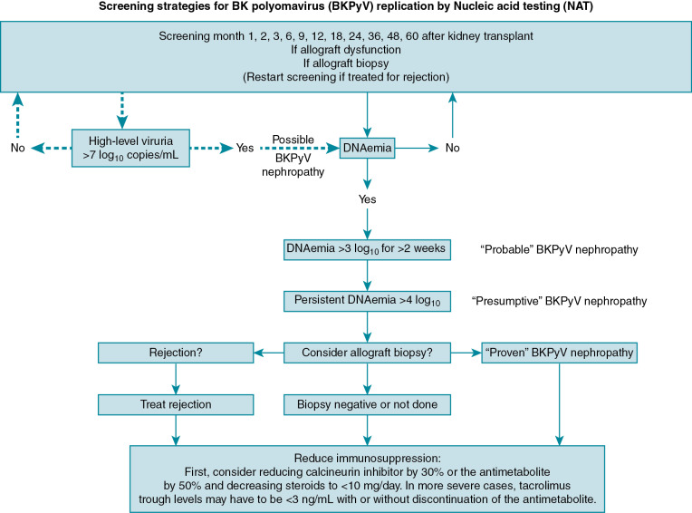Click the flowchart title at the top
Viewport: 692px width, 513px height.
(345, 8)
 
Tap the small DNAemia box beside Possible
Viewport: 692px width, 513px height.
(366, 146)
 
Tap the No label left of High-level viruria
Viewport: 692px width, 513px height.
(16, 146)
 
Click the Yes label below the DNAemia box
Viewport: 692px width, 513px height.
(366, 197)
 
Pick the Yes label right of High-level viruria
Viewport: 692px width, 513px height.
(245, 146)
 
